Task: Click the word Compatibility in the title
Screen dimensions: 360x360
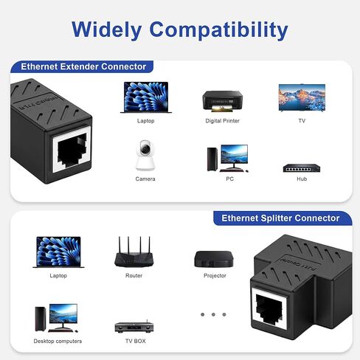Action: point(218,30)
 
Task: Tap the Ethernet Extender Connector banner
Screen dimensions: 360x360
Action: point(82,66)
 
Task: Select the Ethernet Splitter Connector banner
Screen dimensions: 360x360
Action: point(283,218)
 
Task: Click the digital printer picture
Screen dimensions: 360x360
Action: point(222,101)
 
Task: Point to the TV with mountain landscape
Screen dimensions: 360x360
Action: point(302,97)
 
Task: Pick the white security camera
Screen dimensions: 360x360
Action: point(145,155)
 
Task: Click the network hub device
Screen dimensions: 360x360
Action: point(302,168)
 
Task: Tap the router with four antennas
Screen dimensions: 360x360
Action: point(134,252)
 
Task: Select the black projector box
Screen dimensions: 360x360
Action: point(214,259)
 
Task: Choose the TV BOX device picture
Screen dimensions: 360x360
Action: point(134,327)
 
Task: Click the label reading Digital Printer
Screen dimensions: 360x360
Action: point(223,121)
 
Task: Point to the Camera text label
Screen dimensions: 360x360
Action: point(145,179)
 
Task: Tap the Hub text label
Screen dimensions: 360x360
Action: point(302,179)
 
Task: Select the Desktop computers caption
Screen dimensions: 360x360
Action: point(58,342)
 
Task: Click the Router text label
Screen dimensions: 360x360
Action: point(134,276)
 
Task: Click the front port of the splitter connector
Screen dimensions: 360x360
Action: point(270,308)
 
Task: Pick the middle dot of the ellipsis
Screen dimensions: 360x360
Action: point(213,314)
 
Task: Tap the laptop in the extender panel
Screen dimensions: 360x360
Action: point(146,97)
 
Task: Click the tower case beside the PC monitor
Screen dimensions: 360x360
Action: point(212,159)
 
